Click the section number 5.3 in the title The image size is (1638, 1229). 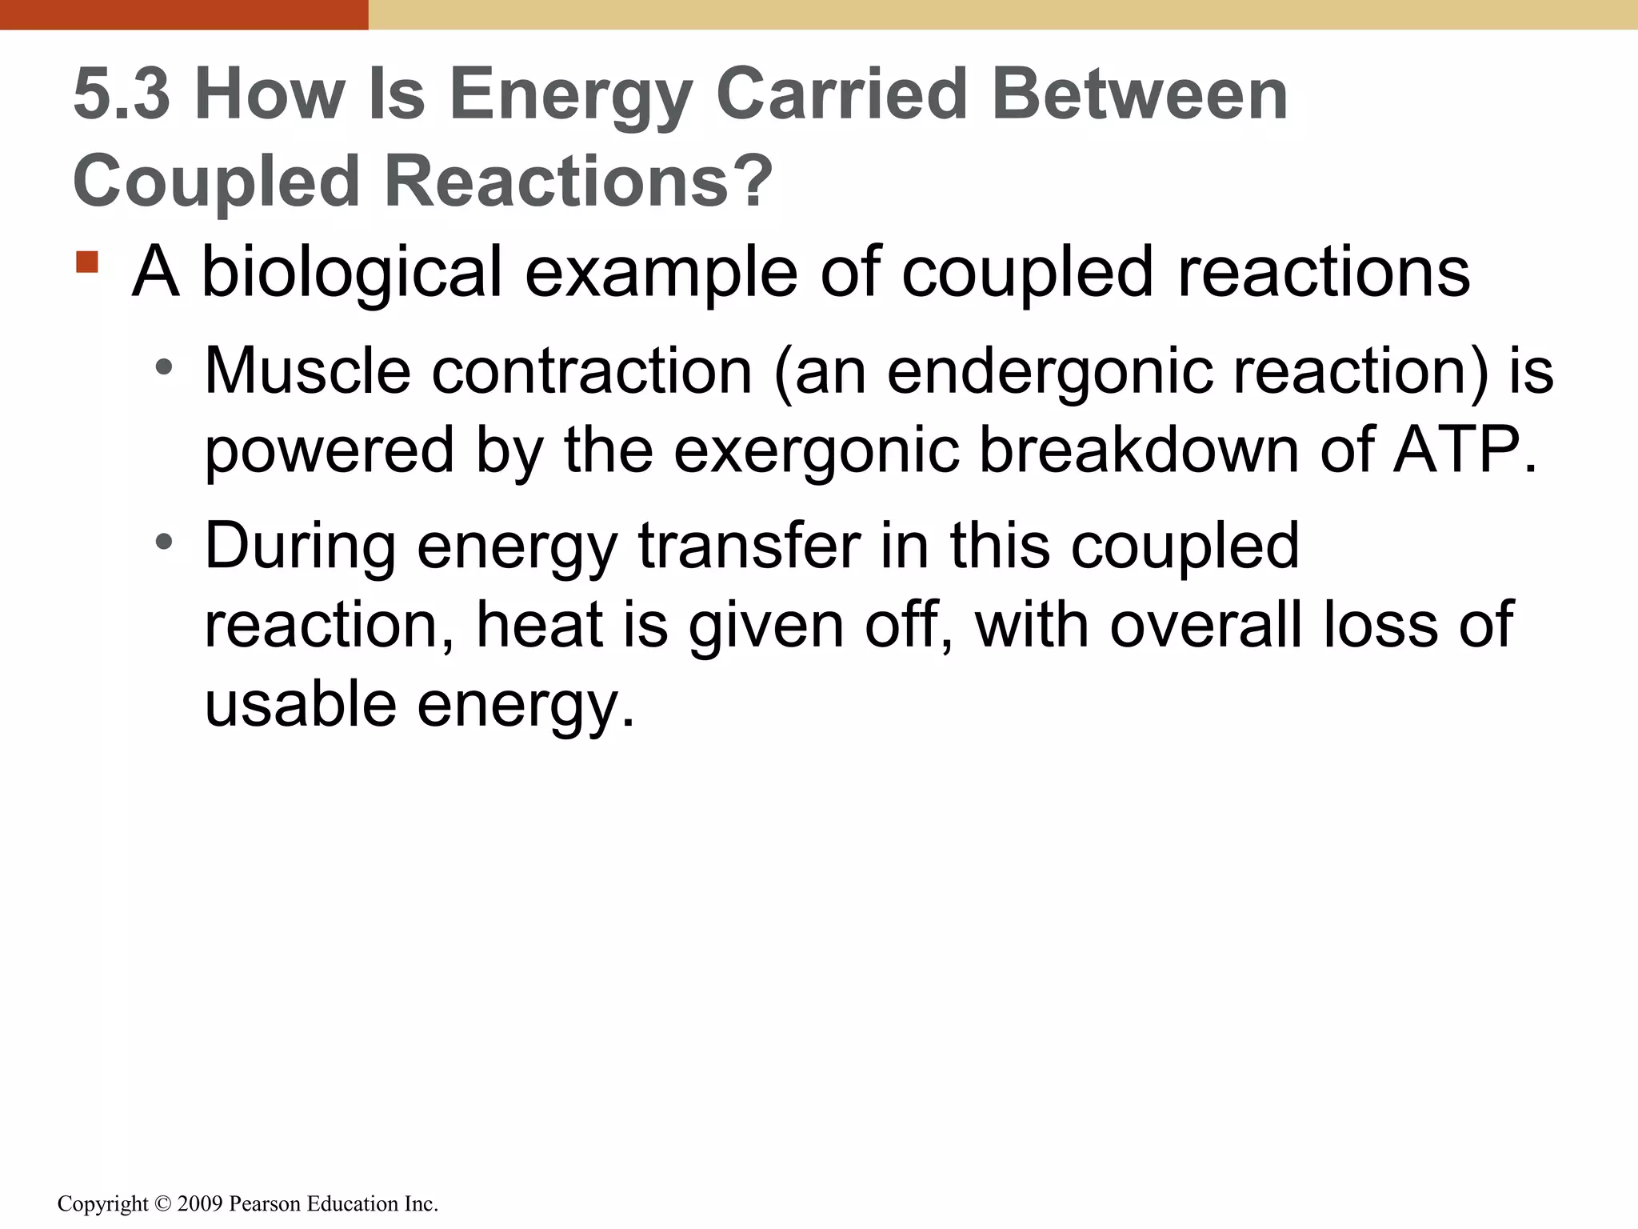pyautogui.click(x=122, y=95)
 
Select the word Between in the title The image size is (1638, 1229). pyautogui.click(x=1139, y=95)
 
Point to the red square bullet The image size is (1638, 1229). pyautogui.click(x=87, y=262)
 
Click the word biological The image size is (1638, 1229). pyautogui.click(x=352, y=273)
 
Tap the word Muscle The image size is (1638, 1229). pyautogui.click(x=307, y=371)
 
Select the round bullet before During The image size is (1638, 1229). pyautogui.click(x=164, y=543)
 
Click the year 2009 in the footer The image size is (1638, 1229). pyautogui.click(x=200, y=1204)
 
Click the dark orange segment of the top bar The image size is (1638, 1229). pyautogui.click(x=184, y=14)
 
